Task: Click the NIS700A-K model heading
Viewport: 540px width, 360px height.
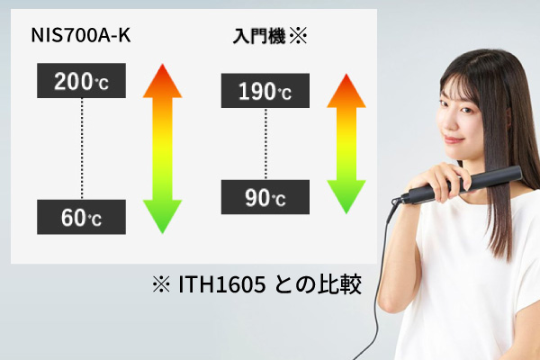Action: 81,35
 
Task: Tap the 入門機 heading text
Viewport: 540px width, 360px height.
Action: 259,36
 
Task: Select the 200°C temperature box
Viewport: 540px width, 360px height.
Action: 81,81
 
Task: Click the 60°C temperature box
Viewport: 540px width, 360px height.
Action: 81,217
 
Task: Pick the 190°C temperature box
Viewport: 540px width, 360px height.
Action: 265,91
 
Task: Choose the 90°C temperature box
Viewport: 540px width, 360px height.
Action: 265,197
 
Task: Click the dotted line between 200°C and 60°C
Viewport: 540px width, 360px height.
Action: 82,148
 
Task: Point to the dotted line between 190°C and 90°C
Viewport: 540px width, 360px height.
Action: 265,144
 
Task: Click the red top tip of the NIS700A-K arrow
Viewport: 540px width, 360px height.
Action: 162,65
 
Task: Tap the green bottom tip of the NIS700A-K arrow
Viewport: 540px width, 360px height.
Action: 162,233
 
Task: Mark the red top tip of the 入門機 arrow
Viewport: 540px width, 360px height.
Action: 346,75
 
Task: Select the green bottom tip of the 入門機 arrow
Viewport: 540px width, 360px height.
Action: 346,213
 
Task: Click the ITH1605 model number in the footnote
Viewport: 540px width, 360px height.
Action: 221,284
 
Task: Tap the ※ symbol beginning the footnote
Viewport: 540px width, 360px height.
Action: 161,284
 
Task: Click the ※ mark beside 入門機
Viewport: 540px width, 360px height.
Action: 298,36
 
